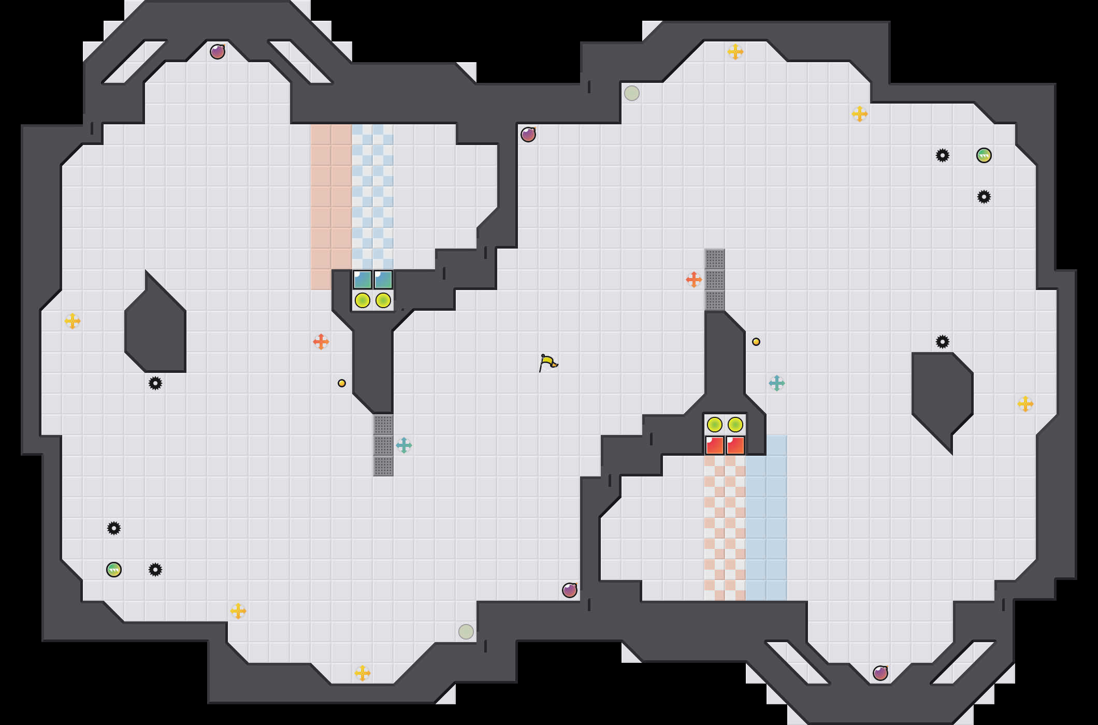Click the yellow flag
tap(547, 363)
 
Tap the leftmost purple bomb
tap(218, 52)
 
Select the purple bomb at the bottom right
tap(880, 673)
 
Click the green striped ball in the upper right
tap(984, 155)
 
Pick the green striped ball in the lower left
tap(114, 570)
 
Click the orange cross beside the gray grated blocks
tap(694, 280)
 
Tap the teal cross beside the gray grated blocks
tap(404, 445)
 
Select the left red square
tap(715, 445)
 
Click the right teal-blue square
tap(383, 280)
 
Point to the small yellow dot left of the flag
tap(342, 383)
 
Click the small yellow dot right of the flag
tap(756, 342)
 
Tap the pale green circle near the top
tap(632, 93)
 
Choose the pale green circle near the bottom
tap(466, 632)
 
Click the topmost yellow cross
tap(735, 52)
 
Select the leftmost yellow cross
tap(73, 321)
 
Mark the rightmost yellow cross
tap(1025, 404)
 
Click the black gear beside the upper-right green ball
tap(943, 155)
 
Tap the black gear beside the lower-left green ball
tap(155, 570)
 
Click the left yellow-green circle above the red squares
tap(715, 425)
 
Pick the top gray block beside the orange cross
tap(715, 259)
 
